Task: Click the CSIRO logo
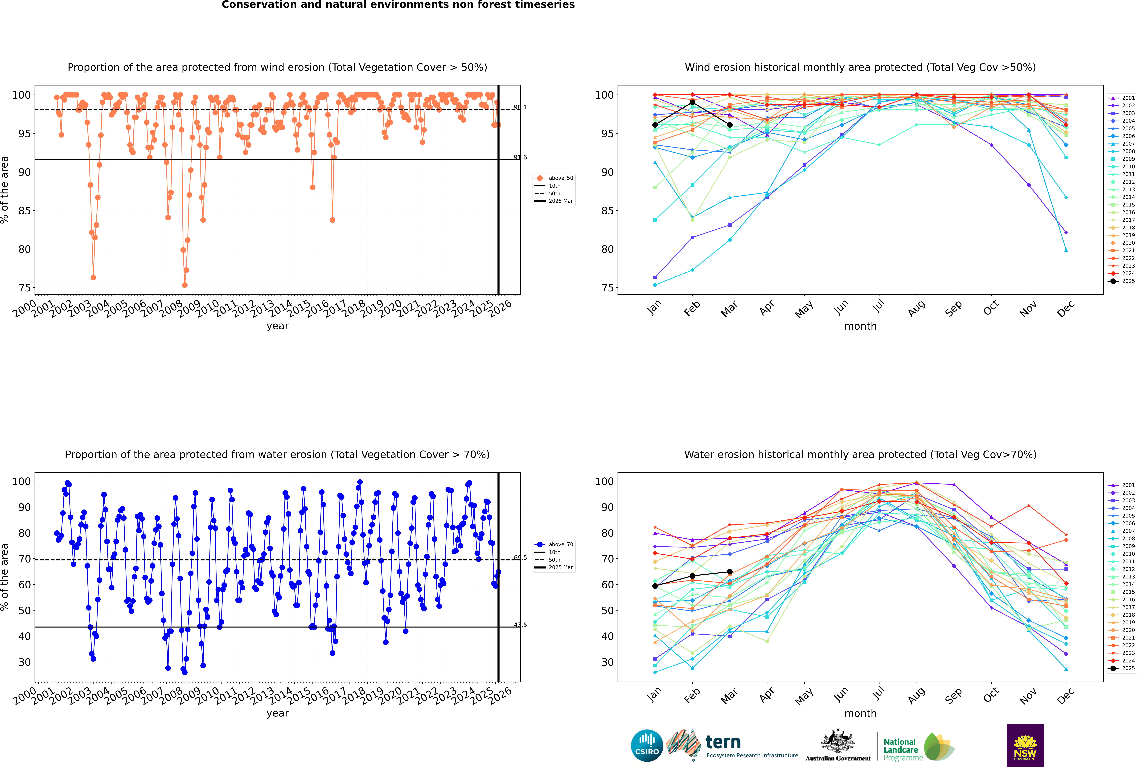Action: [x=647, y=746]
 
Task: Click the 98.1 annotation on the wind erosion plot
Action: [x=520, y=108]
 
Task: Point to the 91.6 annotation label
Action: [x=520, y=157]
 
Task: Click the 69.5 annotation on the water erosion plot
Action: [x=520, y=558]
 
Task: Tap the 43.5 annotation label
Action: [x=520, y=625]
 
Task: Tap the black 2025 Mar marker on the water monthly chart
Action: [x=730, y=572]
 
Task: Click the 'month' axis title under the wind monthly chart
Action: [x=860, y=326]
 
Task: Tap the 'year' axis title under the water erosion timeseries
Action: [x=278, y=713]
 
